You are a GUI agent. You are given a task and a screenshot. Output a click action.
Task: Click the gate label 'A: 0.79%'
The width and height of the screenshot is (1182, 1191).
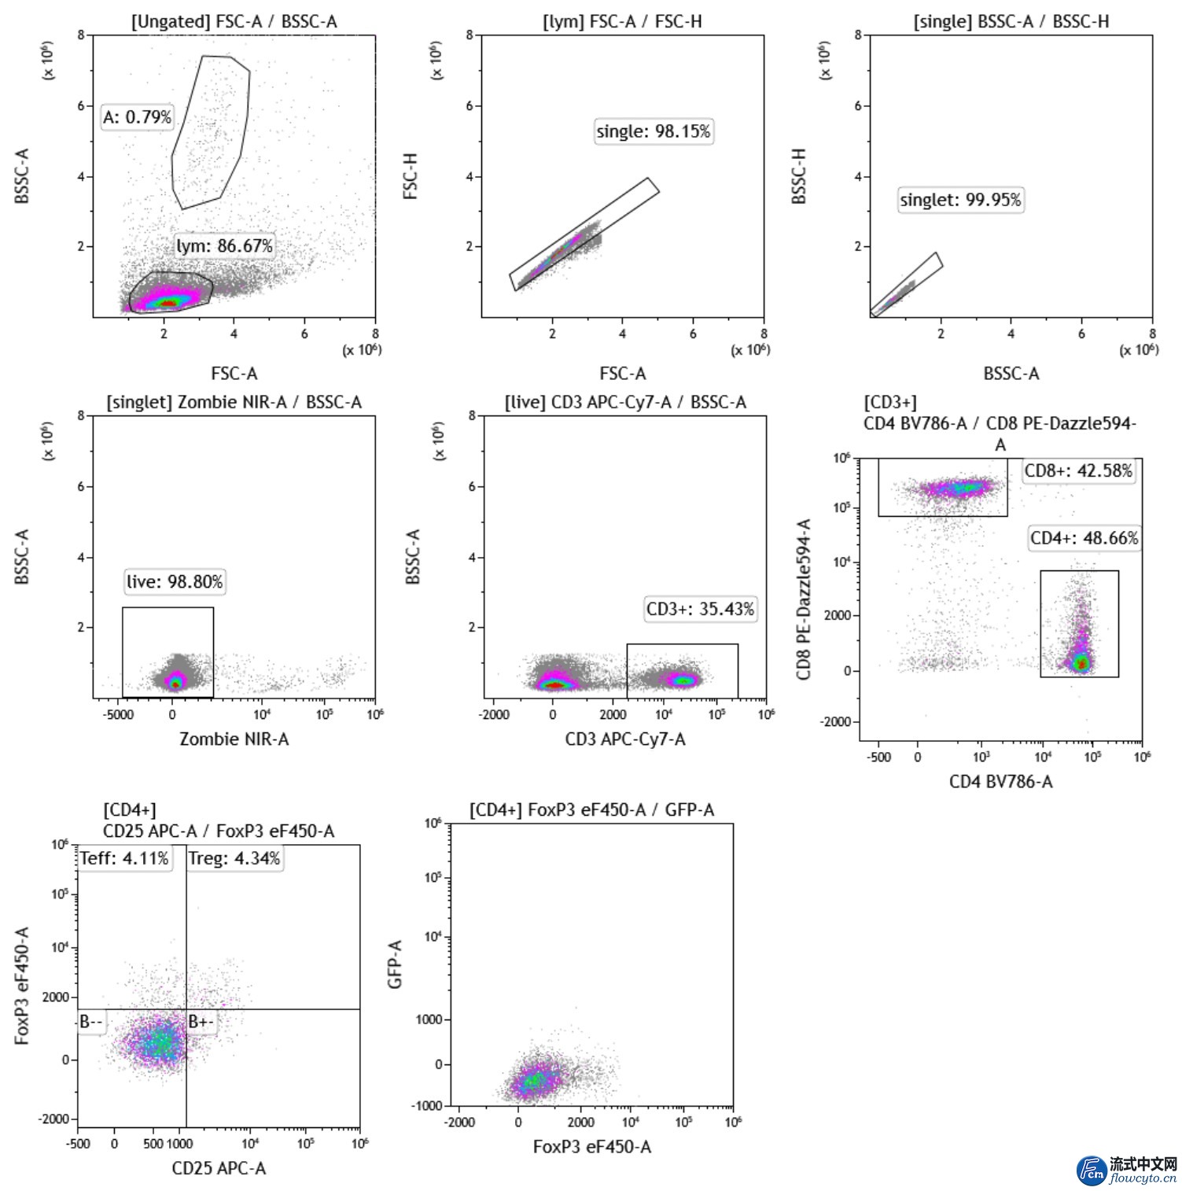138,117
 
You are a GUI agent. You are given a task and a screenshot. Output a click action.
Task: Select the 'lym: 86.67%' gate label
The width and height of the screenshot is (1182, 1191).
224,246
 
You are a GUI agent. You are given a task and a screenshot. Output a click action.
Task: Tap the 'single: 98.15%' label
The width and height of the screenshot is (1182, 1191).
654,131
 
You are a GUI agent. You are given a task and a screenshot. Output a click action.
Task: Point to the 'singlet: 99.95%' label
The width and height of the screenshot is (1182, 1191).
960,200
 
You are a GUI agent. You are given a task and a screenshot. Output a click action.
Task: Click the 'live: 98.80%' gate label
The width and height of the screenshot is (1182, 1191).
175,582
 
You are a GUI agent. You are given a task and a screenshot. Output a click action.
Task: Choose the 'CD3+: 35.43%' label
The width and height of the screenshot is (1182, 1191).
700,609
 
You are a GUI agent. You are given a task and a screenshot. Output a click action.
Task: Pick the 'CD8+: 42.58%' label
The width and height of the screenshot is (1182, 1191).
1078,471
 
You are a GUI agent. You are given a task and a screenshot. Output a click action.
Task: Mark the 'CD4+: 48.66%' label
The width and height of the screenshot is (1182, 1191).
1084,538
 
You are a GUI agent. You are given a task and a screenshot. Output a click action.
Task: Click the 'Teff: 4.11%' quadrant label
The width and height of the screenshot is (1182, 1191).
124,858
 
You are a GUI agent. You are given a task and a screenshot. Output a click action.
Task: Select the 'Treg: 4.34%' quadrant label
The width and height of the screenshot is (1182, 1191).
234,858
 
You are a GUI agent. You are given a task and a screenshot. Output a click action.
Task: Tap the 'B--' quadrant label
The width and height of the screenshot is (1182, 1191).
91,1022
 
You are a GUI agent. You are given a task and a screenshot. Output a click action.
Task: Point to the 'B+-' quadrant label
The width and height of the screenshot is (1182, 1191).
201,1022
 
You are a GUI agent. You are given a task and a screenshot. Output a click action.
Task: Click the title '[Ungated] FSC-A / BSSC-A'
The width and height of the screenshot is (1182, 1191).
234,22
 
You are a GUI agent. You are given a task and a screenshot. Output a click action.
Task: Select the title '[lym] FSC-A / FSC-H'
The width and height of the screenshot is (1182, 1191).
622,22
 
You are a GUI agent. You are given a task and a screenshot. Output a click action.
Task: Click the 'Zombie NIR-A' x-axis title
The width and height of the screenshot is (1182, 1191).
234,739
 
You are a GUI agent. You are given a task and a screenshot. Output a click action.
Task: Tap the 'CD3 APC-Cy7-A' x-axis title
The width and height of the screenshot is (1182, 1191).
625,739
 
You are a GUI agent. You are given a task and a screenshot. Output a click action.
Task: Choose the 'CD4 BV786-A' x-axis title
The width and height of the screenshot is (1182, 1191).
1000,781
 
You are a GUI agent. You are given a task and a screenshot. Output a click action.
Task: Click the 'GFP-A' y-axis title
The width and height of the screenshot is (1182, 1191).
395,964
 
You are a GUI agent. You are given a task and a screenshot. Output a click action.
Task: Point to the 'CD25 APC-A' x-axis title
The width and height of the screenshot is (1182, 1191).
219,1168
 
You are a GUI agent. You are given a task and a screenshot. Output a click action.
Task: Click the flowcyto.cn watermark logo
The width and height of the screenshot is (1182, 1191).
1127,1170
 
